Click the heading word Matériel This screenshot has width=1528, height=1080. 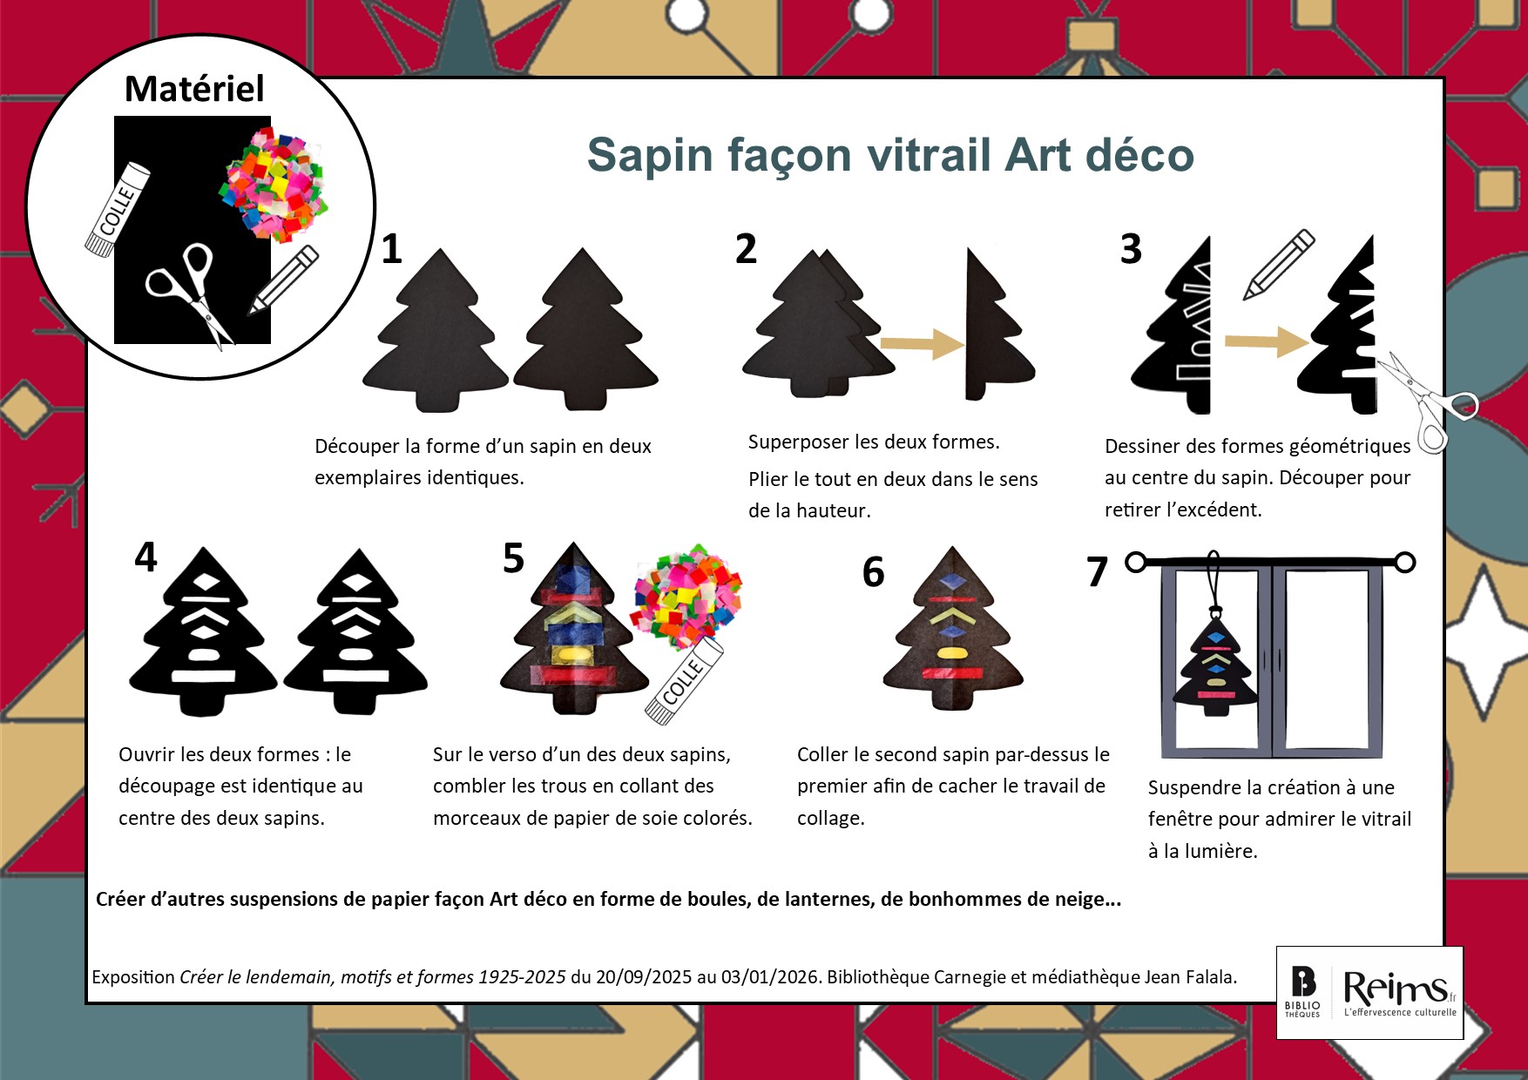[194, 89]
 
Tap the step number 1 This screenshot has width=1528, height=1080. [392, 250]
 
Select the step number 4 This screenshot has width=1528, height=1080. [145, 557]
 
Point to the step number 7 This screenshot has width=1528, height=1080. [1097, 572]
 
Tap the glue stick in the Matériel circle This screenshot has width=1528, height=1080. [118, 209]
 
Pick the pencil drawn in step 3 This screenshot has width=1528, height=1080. [1279, 264]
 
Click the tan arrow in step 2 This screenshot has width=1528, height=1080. [922, 344]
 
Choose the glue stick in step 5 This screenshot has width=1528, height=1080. [685, 680]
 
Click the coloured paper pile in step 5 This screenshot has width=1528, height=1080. [686, 595]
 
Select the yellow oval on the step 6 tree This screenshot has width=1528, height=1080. [951, 652]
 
